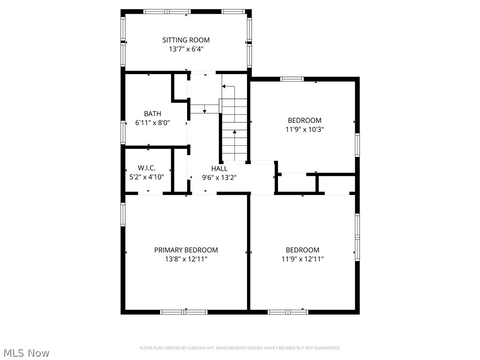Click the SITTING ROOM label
click(186, 40)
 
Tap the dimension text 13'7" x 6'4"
click(186, 49)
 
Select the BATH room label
click(152, 113)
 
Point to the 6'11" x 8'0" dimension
click(152, 122)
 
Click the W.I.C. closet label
click(147, 168)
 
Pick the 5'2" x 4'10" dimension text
click(147, 177)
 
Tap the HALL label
click(219, 168)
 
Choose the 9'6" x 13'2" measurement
click(219, 177)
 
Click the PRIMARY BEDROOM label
click(186, 250)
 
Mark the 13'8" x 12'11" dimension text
click(186, 259)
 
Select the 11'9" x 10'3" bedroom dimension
click(304, 129)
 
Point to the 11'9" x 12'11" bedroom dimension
click(302, 259)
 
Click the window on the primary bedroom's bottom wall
click(184, 312)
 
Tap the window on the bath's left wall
click(123, 132)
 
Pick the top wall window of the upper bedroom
click(292, 79)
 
